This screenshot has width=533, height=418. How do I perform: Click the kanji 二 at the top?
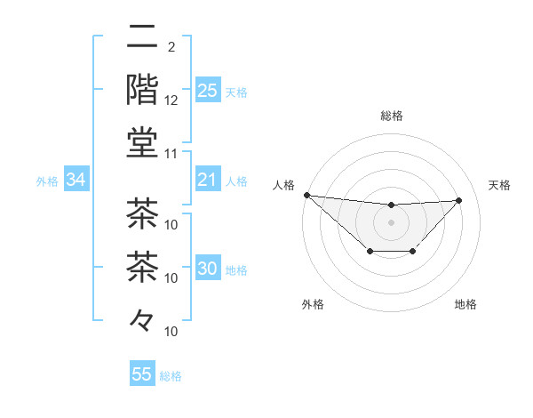(x=142, y=36)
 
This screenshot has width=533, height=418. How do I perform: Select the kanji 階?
(x=142, y=90)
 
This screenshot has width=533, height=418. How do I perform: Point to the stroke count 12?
(x=171, y=100)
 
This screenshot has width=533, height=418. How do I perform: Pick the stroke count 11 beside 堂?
(x=171, y=153)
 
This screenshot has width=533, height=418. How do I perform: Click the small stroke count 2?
(x=171, y=46)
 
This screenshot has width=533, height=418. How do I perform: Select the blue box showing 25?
(x=208, y=90)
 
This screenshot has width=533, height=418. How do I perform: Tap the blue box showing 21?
(x=208, y=181)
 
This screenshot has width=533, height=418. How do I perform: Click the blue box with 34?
(x=76, y=181)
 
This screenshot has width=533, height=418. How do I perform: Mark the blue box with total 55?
(x=142, y=374)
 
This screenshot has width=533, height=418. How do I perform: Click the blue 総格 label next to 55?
(x=171, y=376)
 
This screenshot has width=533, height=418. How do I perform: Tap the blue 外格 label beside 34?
(x=47, y=181)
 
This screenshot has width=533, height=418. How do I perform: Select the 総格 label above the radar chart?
(x=391, y=116)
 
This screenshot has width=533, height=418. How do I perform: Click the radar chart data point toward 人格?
(x=306, y=195)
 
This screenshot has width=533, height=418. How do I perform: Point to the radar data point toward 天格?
(x=458, y=200)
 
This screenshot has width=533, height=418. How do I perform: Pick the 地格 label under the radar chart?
(x=465, y=305)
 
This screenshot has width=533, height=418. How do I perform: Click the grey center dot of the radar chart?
(x=391, y=222)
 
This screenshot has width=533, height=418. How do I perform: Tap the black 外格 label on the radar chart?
(x=313, y=305)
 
